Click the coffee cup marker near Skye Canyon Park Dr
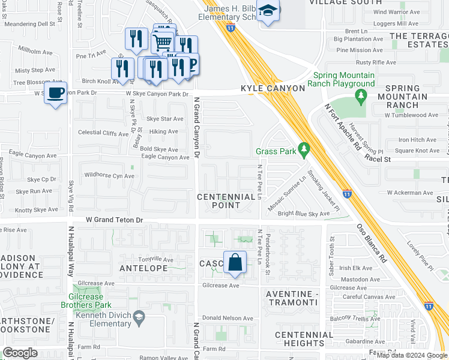(x=56, y=94)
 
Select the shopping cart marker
(x=162, y=43)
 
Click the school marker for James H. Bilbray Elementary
(x=268, y=11)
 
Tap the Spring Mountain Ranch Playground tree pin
(x=361, y=95)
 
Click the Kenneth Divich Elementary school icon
(x=139, y=317)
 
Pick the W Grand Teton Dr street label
(x=115, y=220)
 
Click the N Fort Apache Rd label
(x=343, y=127)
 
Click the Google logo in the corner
(x=20, y=353)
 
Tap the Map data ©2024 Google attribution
(x=412, y=355)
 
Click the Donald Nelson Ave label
(x=228, y=318)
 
